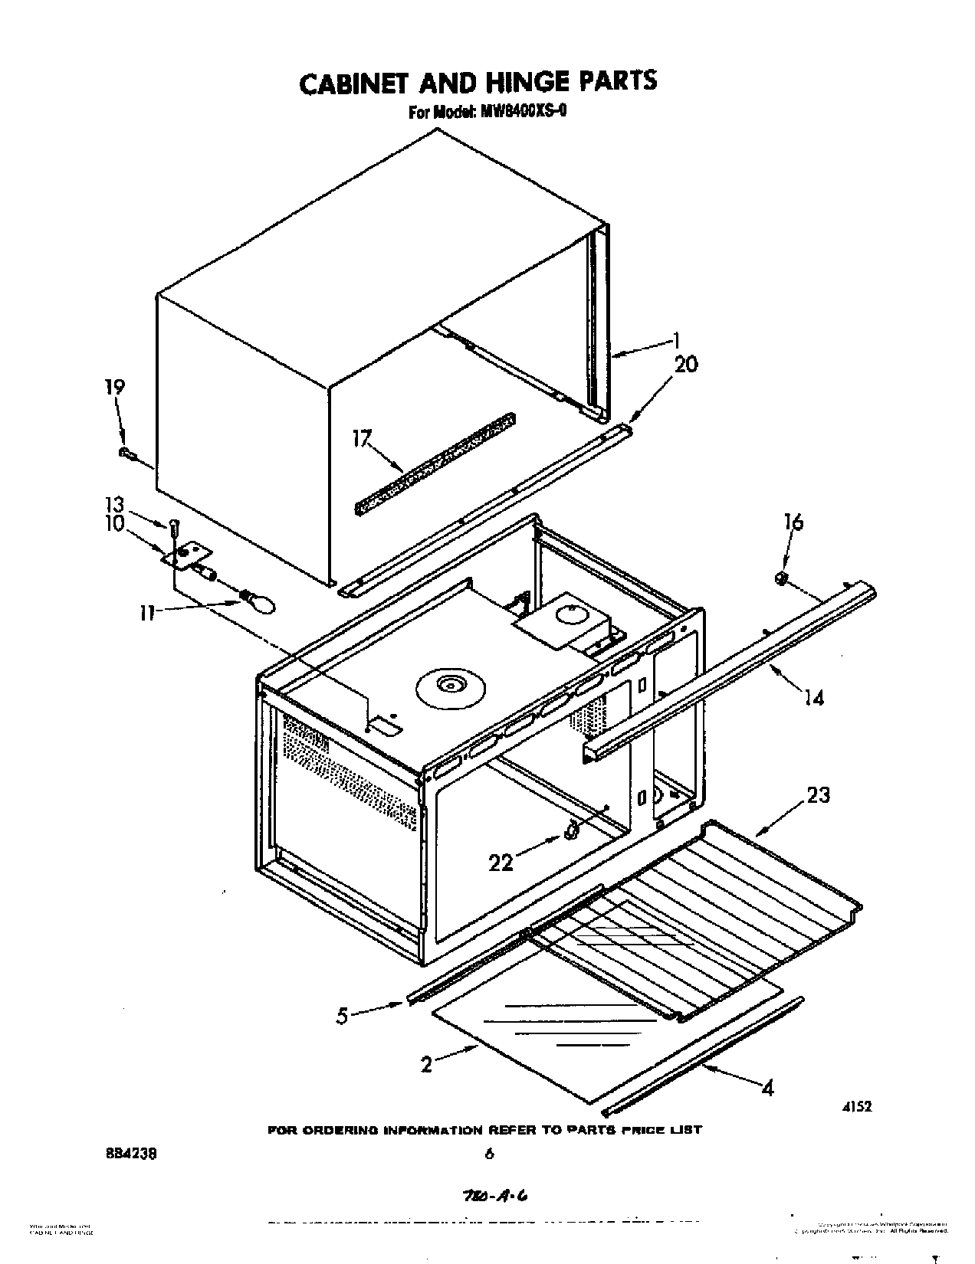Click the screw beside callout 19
[x=126, y=454]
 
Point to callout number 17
[x=361, y=439]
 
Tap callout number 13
[x=113, y=503]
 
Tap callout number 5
[x=342, y=1016]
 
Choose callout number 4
[x=767, y=1088]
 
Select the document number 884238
[x=139, y=1153]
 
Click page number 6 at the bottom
[x=488, y=1154]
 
